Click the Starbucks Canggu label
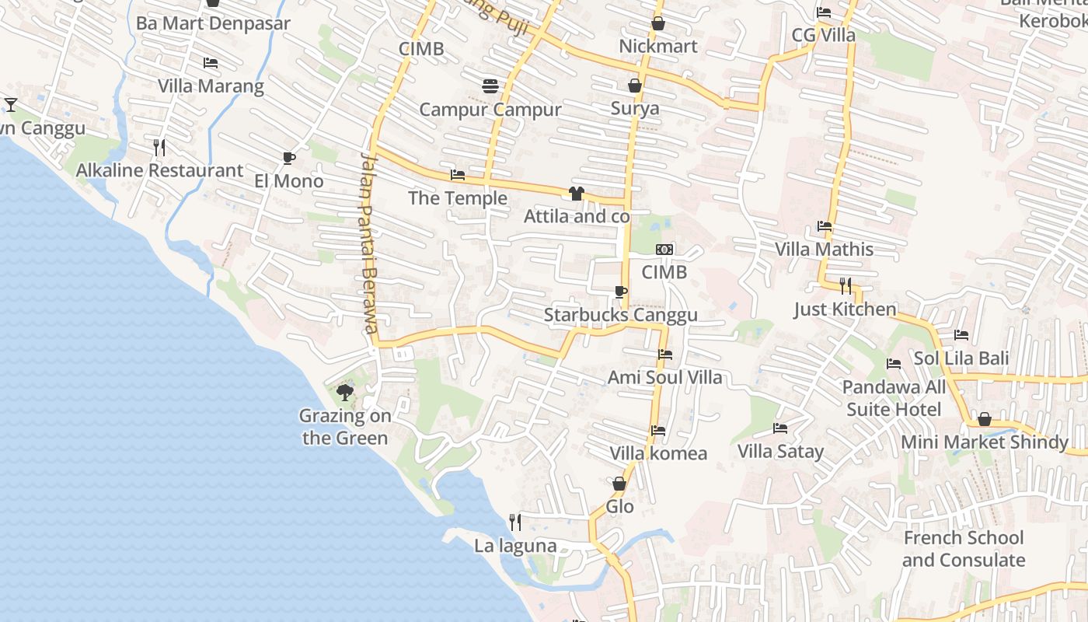[x=620, y=315]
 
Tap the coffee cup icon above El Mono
[x=289, y=159]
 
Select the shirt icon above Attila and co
[x=576, y=194]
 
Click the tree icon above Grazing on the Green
[x=345, y=393]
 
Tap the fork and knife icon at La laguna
[x=514, y=522]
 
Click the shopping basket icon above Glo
[x=619, y=484]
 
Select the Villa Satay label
[x=780, y=451]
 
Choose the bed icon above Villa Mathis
[x=825, y=226]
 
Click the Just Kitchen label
[x=845, y=309]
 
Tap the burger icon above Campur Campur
[x=490, y=86]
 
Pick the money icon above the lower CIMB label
[x=664, y=250]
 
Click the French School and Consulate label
[x=963, y=549]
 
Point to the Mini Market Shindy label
[x=984, y=442]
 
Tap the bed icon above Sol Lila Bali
[x=961, y=335]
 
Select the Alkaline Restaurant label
[x=159, y=170]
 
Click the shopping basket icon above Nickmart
[x=658, y=23]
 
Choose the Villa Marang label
[x=211, y=86]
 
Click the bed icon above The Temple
[x=458, y=175]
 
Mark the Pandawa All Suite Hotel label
[x=894, y=398]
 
